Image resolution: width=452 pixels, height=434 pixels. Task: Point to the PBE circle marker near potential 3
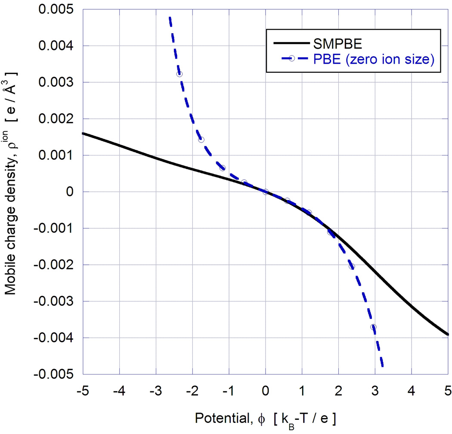373,327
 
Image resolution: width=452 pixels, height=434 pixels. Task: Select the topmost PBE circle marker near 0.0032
179,74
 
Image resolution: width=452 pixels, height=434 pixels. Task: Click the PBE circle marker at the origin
266,192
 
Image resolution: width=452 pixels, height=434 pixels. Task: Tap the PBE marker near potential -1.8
201,139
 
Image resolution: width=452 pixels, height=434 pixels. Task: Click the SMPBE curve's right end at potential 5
448,334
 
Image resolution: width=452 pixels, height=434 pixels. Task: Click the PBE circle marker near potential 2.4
352,267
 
